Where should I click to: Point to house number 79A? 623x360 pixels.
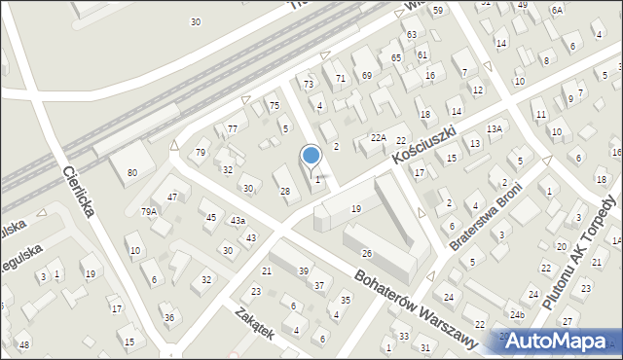(x=148, y=211)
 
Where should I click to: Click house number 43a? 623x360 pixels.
(x=238, y=221)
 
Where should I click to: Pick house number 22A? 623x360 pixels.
(x=378, y=138)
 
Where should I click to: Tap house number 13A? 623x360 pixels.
(x=494, y=128)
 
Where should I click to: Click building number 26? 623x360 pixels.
(x=367, y=253)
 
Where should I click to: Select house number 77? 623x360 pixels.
(x=232, y=128)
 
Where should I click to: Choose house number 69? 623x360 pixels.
(x=366, y=75)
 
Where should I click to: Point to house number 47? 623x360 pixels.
(x=172, y=198)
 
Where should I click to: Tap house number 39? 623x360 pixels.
(x=304, y=270)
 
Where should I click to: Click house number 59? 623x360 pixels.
(x=437, y=10)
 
